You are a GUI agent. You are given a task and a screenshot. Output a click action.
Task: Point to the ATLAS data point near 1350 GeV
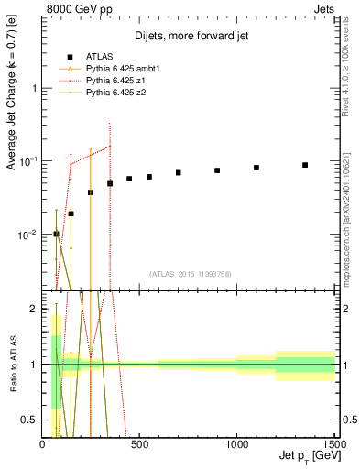pyautogui.click(x=305, y=165)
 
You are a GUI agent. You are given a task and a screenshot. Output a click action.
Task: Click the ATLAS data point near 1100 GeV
pyautogui.click(x=256, y=168)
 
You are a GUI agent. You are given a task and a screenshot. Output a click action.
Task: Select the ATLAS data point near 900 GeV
pyautogui.click(x=217, y=170)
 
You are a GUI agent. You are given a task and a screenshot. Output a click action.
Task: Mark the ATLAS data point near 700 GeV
pyautogui.click(x=179, y=173)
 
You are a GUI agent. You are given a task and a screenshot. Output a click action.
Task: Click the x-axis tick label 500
pyautogui.click(x=140, y=445)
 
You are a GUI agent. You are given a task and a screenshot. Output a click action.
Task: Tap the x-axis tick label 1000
pyautogui.click(x=236, y=445)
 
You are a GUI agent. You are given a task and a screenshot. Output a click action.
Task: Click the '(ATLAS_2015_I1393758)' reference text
pyautogui.click(x=189, y=273)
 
